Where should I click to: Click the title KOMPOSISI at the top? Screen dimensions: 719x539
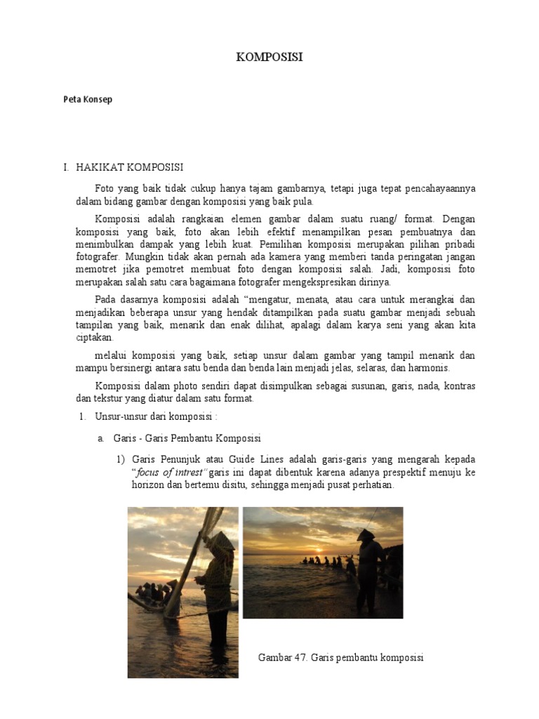tap(269, 58)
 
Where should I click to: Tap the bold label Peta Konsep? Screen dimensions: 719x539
tap(88, 100)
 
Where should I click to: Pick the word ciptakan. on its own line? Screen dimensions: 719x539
tap(96, 338)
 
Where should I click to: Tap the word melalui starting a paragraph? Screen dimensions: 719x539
tap(111, 355)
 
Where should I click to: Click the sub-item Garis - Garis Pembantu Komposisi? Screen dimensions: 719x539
tap(187, 439)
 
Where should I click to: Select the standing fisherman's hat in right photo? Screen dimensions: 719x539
tap(366, 535)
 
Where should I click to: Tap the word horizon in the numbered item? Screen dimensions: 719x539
tap(147, 485)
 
